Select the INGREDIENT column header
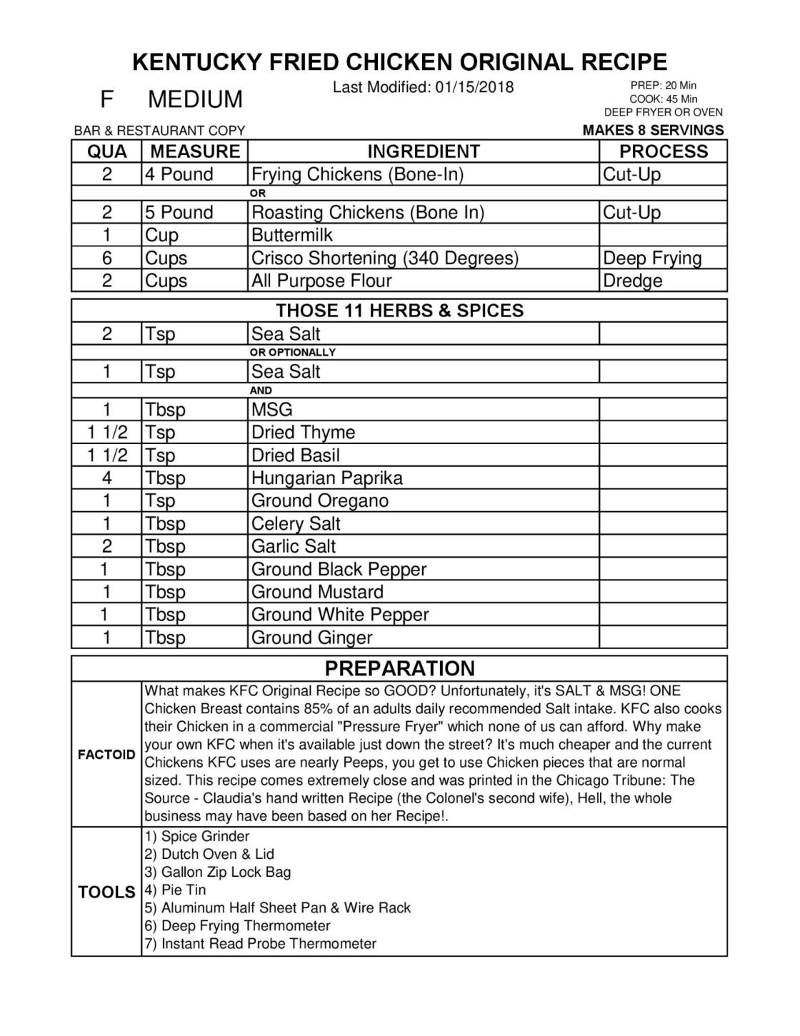[x=423, y=151]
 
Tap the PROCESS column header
[x=663, y=151]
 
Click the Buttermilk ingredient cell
[x=292, y=235]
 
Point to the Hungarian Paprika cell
[x=326, y=478]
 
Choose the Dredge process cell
[x=632, y=281]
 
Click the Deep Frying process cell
[x=652, y=258]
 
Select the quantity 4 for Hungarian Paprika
[x=106, y=478]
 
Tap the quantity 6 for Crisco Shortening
[x=106, y=258]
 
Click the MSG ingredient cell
[x=271, y=409]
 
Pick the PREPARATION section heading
[x=399, y=668]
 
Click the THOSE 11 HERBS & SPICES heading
[x=399, y=311]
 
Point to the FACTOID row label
[x=106, y=755]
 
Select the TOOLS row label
[x=106, y=892]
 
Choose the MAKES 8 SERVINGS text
[x=653, y=130]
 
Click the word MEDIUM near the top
[x=195, y=99]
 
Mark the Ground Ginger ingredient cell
[x=311, y=638]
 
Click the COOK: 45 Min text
[x=663, y=99]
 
